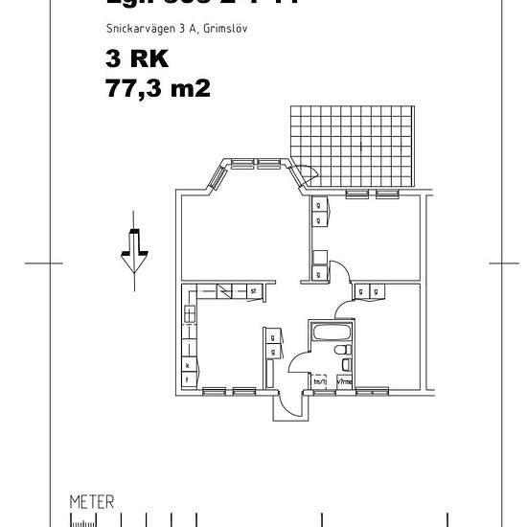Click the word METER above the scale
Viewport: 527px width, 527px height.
tap(92, 501)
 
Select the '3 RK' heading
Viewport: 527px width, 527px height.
tap(137, 59)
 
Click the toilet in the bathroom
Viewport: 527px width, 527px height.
tap(342, 353)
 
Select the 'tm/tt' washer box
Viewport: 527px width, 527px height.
tap(321, 381)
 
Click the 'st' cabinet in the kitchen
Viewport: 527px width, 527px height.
tap(253, 290)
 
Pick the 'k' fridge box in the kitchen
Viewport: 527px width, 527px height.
tap(187, 365)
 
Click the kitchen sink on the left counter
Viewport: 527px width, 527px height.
tap(189, 313)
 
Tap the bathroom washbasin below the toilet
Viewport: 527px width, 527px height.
tap(346, 365)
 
